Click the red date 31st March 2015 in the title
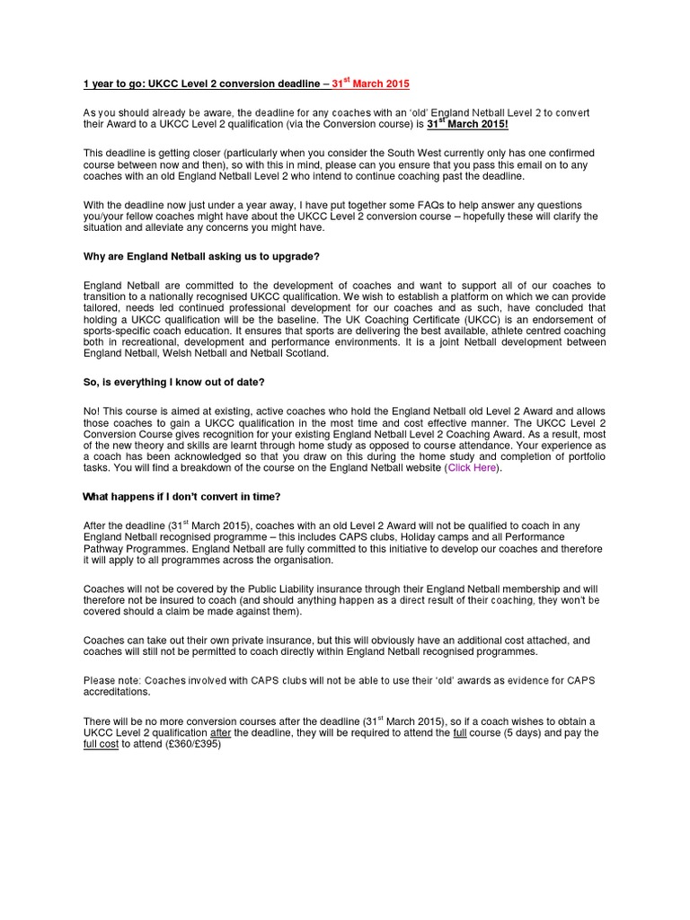tap(370, 84)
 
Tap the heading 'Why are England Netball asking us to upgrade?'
tap(201, 257)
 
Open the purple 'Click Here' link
tap(472, 467)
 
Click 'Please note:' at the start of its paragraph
tap(111, 680)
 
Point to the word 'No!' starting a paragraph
tap(93, 411)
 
